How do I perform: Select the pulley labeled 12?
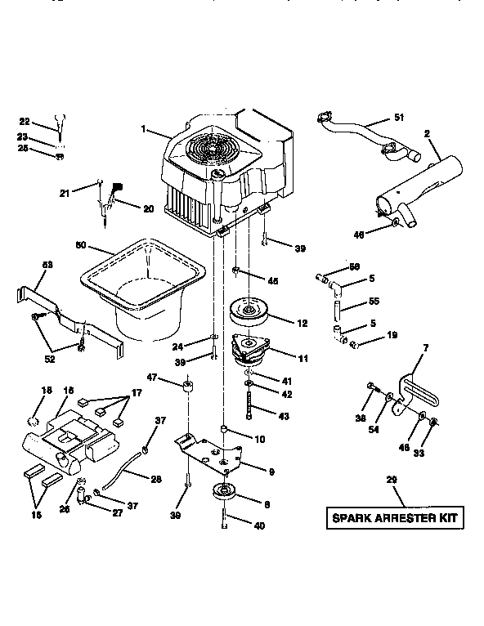tap(252, 311)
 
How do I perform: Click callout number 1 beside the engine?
tap(143, 129)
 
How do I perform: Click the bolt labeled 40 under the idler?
tap(222, 520)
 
